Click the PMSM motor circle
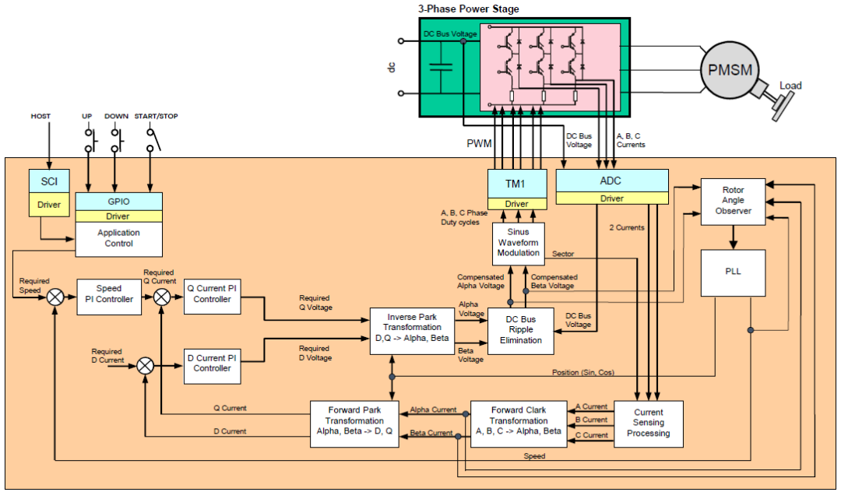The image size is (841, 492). click(x=730, y=69)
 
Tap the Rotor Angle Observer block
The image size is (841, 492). click(x=732, y=202)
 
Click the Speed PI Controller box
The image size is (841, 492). click(x=109, y=294)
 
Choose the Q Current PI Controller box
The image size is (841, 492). click(x=213, y=294)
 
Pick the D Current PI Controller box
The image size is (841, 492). click(x=213, y=364)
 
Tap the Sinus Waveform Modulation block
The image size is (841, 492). click(x=519, y=242)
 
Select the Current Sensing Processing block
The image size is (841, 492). click(x=648, y=423)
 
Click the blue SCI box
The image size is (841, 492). click(x=49, y=181)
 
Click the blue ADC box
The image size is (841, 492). click(x=612, y=181)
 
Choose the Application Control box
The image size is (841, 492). click(x=119, y=238)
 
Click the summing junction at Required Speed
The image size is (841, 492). click(x=55, y=297)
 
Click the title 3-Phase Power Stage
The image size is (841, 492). click(x=469, y=9)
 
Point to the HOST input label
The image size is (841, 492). click(x=40, y=117)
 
